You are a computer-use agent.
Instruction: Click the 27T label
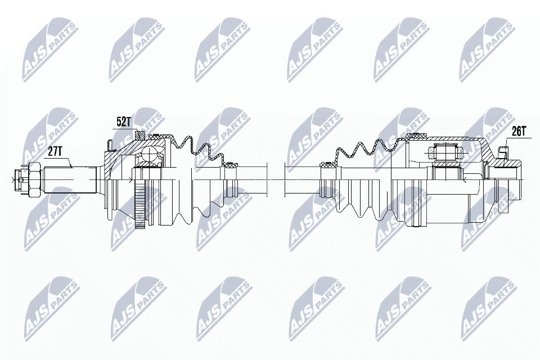pos(55,151)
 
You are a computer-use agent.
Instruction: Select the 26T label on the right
pos(518,132)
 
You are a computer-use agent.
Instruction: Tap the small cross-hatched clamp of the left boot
pos(230,165)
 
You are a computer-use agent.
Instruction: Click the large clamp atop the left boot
pos(169,136)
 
